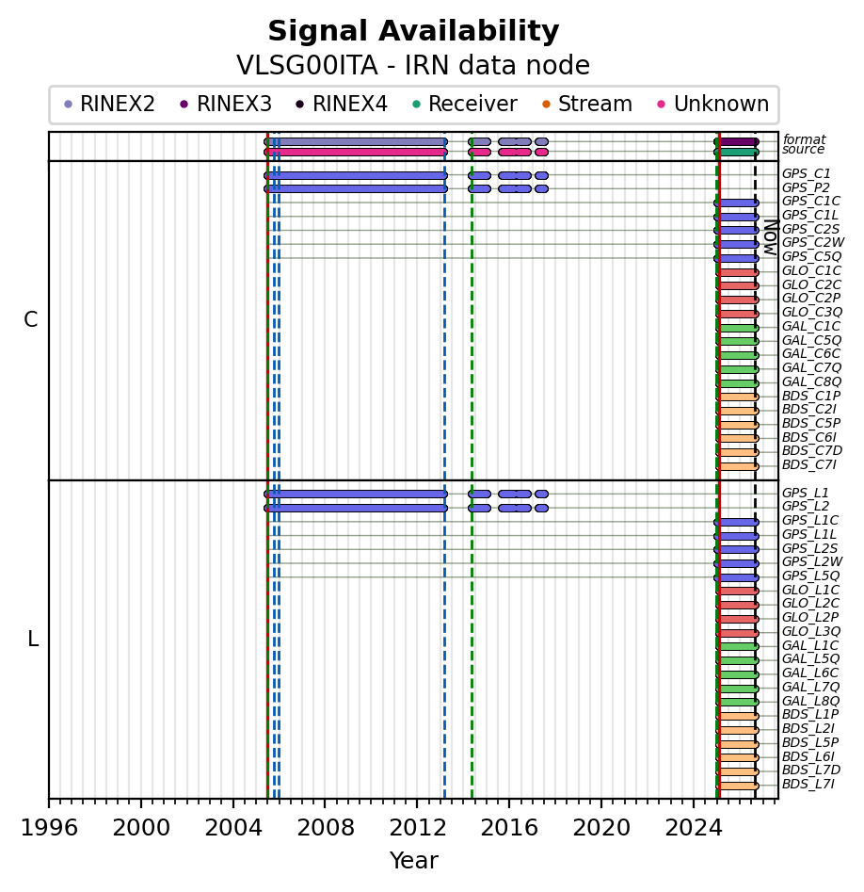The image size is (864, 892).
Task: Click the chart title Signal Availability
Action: point(413,31)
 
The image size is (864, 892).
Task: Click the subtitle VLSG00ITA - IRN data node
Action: point(413,65)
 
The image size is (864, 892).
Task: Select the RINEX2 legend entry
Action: point(109,105)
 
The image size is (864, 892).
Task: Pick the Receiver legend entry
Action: point(464,105)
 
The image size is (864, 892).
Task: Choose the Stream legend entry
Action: point(587,105)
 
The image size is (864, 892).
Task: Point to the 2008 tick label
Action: point(325,828)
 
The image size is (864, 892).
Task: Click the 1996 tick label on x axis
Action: point(49,828)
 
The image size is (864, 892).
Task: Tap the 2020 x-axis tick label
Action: point(601,828)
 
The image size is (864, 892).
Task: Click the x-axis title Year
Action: point(414,861)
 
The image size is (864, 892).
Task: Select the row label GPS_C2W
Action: point(812,243)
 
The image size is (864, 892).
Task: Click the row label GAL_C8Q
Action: point(811,381)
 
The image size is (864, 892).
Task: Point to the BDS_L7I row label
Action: point(808,785)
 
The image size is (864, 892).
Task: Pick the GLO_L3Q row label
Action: point(811,631)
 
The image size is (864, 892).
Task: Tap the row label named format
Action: point(804,139)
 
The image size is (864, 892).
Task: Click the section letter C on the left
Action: point(31,320)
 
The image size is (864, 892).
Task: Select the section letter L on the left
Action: point(33,640)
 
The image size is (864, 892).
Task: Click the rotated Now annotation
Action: point(771,237)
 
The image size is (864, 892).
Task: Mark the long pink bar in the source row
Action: point(356,152)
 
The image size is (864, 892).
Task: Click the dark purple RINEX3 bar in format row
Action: point(738,141)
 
